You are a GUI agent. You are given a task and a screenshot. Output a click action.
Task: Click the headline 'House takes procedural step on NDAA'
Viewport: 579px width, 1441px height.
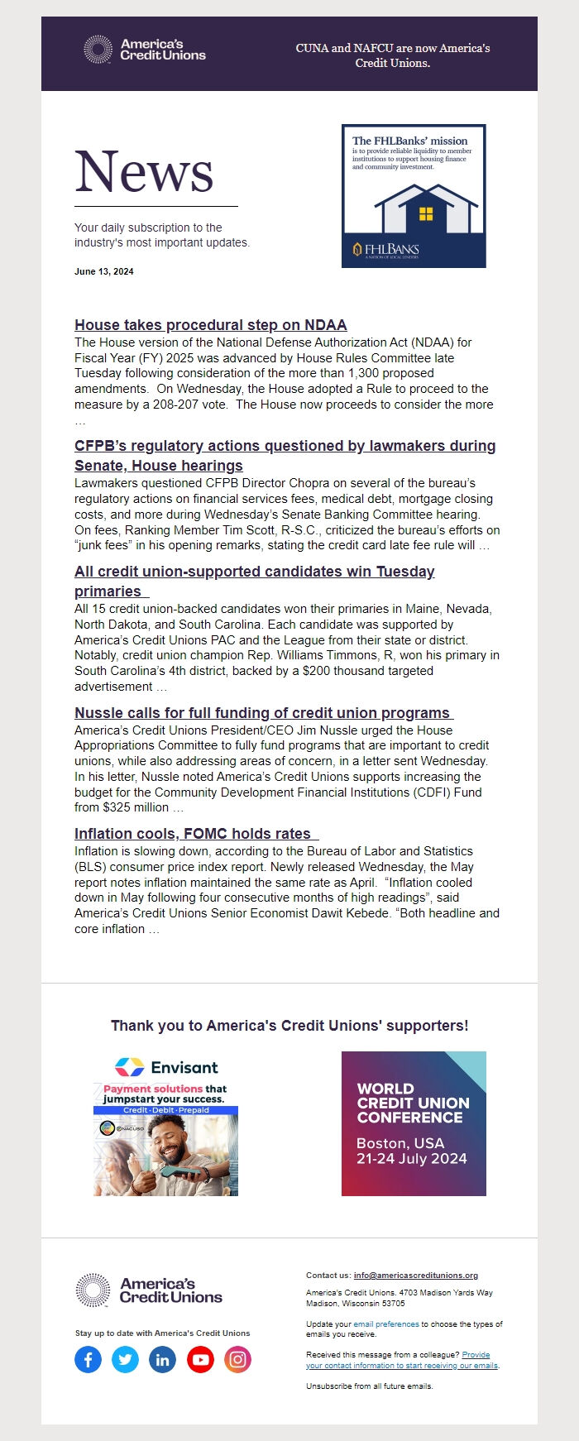click(210, 325)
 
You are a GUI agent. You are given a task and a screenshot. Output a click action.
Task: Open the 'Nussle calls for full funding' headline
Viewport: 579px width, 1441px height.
click(262, 713)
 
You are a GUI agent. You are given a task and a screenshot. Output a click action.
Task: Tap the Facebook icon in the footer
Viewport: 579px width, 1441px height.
click(89, 1359)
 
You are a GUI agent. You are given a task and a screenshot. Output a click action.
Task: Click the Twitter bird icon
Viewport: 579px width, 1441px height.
click(126, 1359)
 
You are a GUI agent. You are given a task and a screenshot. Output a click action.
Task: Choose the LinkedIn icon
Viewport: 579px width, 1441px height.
click(163, 1359)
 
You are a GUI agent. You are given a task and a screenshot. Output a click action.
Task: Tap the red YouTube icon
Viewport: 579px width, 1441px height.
click(200, 1359)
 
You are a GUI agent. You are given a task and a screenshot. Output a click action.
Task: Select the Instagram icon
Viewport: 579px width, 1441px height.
click(237, 1359)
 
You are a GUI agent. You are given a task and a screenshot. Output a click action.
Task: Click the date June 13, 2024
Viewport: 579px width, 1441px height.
click(103, 271)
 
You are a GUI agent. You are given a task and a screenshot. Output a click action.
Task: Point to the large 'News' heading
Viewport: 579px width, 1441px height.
click(145, 172)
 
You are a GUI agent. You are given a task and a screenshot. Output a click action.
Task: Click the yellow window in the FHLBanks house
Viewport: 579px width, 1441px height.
click(426, 214)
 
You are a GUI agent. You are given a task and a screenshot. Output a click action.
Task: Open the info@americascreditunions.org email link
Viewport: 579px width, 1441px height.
click(415, 1275)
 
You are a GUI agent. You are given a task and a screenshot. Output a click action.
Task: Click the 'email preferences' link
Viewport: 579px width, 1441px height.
click(386, 1324)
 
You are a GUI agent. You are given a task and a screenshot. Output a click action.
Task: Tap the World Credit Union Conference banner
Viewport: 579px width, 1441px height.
click(414, 1123)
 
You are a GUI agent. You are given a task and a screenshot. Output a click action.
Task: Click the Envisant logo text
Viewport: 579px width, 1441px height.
click(184, 1067)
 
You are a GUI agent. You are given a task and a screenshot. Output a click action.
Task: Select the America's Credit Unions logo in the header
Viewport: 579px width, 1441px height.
click(146, 50)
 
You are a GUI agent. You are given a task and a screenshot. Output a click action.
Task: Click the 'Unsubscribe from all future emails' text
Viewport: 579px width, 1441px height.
click(369, 1386)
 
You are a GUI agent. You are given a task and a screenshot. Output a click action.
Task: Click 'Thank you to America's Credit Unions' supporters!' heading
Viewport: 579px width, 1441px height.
click(289, 1026)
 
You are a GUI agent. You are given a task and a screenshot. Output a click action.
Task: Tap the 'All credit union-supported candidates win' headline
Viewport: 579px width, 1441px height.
click(254, 572)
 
